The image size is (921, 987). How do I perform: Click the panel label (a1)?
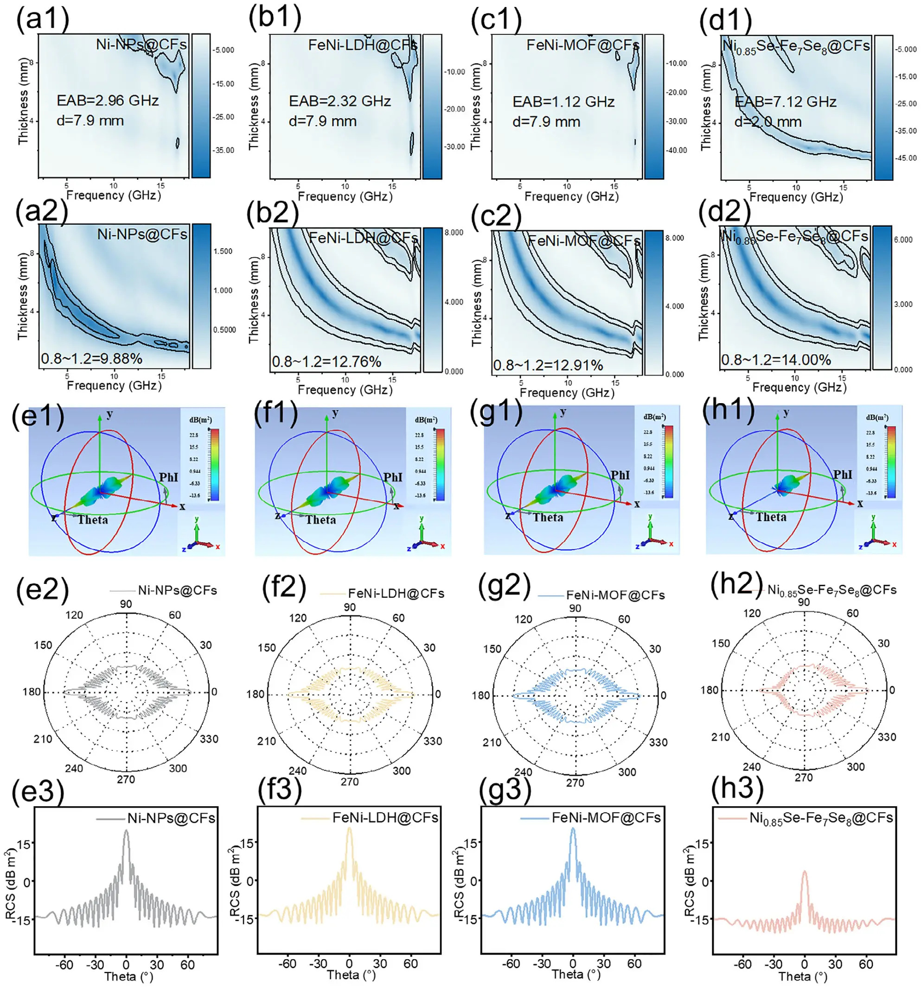click(43, 20)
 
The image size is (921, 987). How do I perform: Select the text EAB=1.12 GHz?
click(563, 102)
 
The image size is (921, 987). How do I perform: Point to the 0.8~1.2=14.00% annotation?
click(775, 360)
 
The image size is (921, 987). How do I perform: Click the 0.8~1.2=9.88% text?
click(91, 359)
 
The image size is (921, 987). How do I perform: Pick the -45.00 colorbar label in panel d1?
click(906, 158)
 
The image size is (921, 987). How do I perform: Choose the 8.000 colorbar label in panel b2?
click(454, 232)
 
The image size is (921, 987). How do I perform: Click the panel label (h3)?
click(737, 788)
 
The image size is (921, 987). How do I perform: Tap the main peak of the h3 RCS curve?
click(804, 872)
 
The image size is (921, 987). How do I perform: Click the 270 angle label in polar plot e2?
click(126, 779)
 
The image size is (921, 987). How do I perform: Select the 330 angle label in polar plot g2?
click(658, 743)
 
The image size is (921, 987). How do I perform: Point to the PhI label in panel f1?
click(392, 477)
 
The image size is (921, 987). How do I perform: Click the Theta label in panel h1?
click(771, 517)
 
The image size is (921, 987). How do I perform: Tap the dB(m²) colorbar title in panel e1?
click(200, 420)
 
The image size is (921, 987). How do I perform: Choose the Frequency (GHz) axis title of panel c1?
click(571, 196)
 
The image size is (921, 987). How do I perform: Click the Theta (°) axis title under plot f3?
click(351, 974)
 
